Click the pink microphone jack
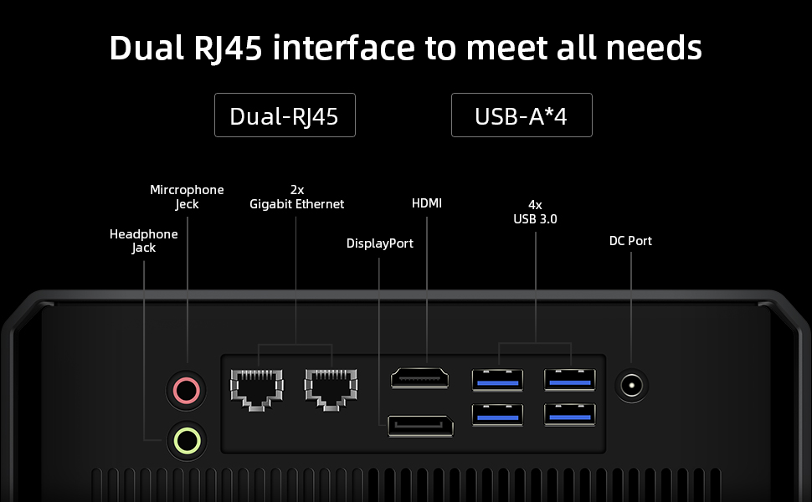tap(185, 389)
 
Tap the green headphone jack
tap(185, 438)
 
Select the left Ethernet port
tap(256, 388)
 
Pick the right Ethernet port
tap(331, 388)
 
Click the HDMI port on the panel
tap(420, 378)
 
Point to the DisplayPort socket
tap(420, 425)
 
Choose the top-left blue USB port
tap(497, 379)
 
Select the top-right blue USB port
tap(570, 379)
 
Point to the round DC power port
tap(632, 385)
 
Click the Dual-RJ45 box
tap(285, 115)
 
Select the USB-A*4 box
tap(522, 115)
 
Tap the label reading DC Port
tap(630, 241)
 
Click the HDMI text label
tap(427, 203)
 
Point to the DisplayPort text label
tap(380, 243)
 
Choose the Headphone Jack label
tap(144, 241)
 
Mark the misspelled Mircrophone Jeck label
tap(187, 197)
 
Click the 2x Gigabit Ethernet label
tap(296, 197)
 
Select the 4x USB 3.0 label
tap(535, 212)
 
